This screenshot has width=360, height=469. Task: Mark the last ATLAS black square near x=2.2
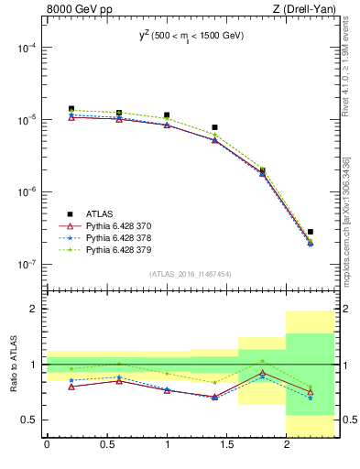311,232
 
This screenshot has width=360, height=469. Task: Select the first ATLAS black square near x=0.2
71,109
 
